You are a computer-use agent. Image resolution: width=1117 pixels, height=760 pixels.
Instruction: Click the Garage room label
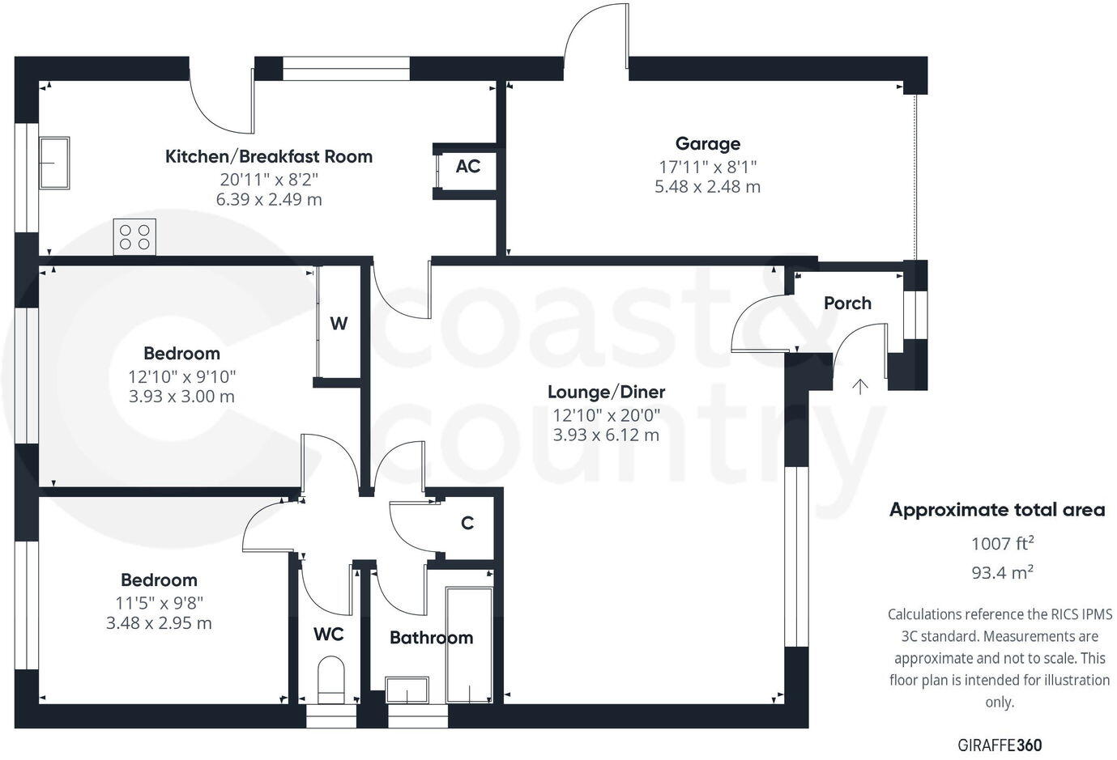(x=707, y=144)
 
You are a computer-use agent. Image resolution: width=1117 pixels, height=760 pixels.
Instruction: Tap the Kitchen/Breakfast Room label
(x=269, y=156)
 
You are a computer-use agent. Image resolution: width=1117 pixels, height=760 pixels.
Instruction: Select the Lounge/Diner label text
(x=606, y=393)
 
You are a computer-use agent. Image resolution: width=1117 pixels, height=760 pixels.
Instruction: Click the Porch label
(x=847, y=304)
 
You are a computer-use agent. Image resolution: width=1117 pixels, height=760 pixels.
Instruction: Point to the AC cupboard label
(x=467, y=167)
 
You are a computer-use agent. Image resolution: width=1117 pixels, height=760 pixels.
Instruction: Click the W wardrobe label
(x=339, y=324)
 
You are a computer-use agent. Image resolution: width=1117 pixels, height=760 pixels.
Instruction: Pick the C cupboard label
(x=467, y=524)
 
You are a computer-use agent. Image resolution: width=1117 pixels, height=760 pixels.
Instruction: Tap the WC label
(x=328, y=634)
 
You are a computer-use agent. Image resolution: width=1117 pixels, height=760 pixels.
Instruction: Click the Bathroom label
(x=431, y=638)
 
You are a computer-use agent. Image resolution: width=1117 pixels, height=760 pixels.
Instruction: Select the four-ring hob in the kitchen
(x=134, y=237)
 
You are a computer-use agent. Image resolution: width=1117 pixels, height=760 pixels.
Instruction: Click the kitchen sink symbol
(x=54, y=163)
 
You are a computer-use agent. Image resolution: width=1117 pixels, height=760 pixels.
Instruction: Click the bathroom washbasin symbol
(x=409, y=690)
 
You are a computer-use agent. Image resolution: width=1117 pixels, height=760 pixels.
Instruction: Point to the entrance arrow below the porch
(x=859, y=386)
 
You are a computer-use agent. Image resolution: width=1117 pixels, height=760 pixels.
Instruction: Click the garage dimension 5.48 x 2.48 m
(x=707, y=187)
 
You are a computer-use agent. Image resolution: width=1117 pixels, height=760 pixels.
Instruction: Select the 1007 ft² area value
(x=1002, y=543)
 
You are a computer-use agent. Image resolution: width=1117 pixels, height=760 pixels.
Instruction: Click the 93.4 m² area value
(x=1002, y=573)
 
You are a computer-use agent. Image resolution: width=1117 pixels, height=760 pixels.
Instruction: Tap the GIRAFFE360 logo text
(x=1000, y=745)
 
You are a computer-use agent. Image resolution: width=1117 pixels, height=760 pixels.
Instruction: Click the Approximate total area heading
(x=997, y=510)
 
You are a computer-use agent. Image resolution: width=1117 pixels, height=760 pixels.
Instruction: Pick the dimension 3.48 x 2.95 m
(x=159, y=623)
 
